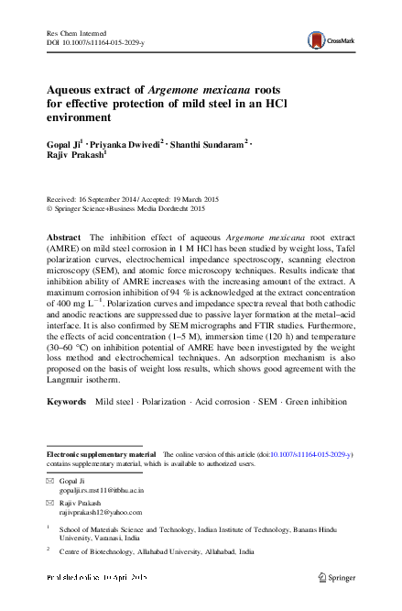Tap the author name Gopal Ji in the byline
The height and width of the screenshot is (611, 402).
click(63, 144)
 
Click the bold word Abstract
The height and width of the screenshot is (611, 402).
click(64, 237)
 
